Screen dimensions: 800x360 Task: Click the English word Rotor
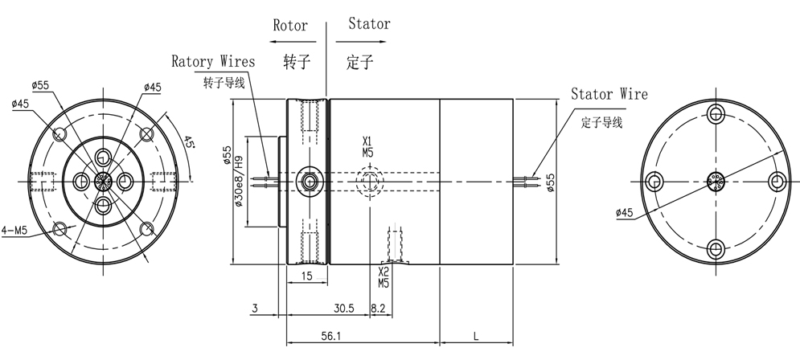coord(290,26)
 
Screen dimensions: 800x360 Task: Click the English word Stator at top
coord(369,23)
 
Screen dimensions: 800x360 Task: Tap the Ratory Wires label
coord(213,62)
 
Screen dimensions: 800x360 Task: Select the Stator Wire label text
coord(609,94)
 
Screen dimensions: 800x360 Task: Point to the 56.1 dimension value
coord(331,336)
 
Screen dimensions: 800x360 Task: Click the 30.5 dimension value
coord(344,308)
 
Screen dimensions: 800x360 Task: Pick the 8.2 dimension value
coord(378,308)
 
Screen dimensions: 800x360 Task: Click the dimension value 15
coord(306,276)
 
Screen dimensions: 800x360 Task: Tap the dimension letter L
coord(476,337)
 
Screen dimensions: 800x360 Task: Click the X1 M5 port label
coord(368,146)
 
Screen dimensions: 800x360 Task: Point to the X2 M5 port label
coord(384,277)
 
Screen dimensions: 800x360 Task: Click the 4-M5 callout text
coord(14,231)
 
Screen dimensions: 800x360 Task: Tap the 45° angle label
coord(188,141)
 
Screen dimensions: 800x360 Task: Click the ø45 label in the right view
coord(625,213)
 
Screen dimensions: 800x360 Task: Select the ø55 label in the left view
coord(40,85)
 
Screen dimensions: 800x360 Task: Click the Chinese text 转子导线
coord(224,83)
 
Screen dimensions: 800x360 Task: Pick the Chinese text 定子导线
coord(601,122)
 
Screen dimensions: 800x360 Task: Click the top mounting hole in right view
coord(716,112)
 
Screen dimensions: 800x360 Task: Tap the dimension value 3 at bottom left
coord(255,308)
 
